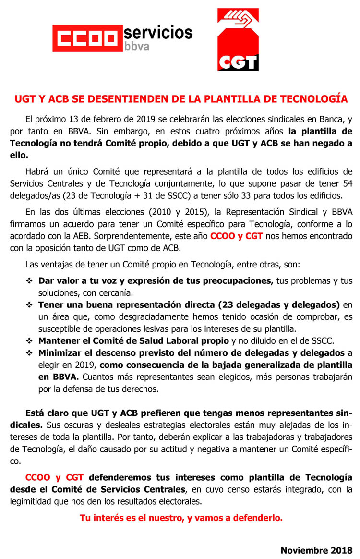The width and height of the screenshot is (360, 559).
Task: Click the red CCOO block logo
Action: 87,38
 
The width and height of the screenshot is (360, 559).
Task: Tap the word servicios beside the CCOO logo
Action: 158,32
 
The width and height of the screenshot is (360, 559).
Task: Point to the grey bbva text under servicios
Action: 136,47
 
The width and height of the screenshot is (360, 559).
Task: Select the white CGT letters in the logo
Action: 238,61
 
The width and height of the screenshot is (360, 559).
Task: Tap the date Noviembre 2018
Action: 316,550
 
